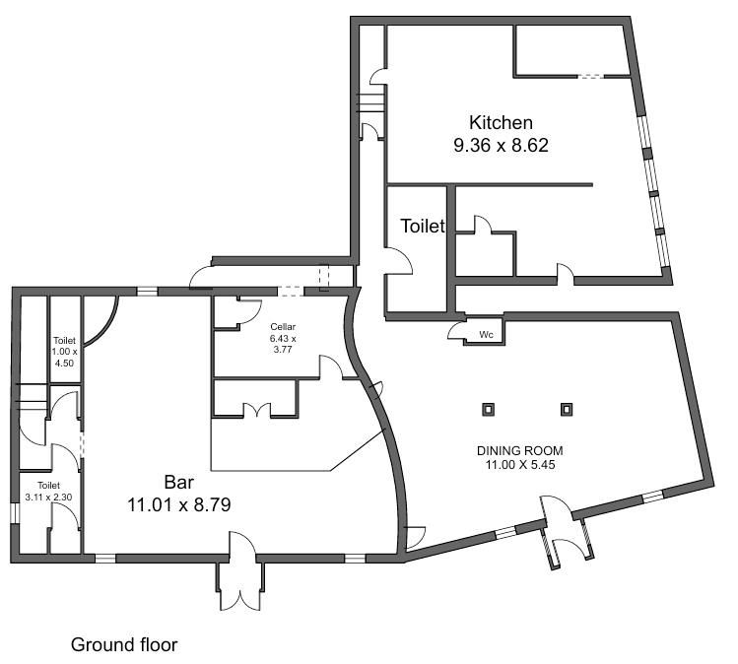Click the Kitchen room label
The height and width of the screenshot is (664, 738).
[501, 122]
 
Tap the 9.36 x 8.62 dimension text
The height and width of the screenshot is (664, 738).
[501, 145]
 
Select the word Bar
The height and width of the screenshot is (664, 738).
[179, 483]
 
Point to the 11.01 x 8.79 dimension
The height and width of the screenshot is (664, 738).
[179, 505]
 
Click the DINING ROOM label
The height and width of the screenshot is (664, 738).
[519, 451]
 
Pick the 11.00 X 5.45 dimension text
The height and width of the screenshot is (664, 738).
[520, 465]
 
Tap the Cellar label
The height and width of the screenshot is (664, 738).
[283, 327]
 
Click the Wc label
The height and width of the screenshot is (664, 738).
[486, 335]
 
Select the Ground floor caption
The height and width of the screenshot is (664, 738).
[124, 644]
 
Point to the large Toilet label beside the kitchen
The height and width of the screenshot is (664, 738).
[423, 226]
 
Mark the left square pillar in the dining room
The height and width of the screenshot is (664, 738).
[489, 410]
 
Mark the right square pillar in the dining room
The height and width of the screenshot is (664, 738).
[567, 410]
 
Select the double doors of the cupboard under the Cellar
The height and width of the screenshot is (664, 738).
[256, 410]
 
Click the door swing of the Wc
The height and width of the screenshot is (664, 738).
[455, 330]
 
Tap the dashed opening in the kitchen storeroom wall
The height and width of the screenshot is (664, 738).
[590, 76]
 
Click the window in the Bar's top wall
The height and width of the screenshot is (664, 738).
[148, 292]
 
